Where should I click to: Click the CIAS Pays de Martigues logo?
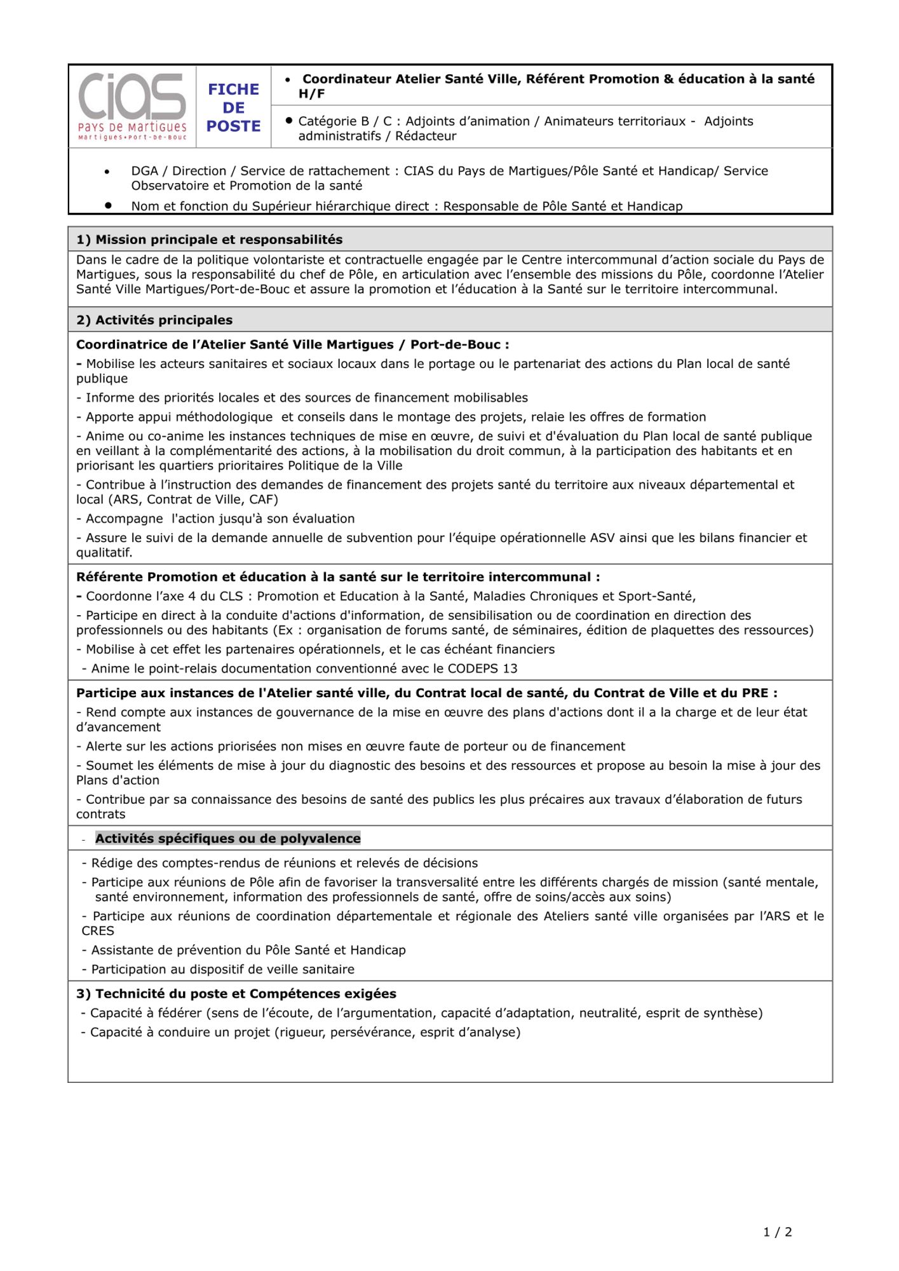[x=132, y=106]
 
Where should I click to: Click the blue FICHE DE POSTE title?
[x=233, y=107]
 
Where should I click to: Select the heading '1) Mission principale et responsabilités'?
[x=209, y=240]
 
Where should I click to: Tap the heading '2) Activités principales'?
[x=154, y=320]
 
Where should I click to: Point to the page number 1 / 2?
[x=778, y=1232]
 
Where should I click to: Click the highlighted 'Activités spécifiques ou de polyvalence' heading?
[x=227, y=839]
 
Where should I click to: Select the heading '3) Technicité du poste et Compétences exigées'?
[x=236, y=994]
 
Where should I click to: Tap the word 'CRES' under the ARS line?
[x=98, y=931]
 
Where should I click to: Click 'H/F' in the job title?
[x=311, y=94]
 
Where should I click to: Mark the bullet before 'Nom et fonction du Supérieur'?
[x=109, y=206]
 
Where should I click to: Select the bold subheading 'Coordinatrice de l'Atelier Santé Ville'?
[x=292, y=345]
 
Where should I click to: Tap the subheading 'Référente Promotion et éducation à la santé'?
[x=338, y=577]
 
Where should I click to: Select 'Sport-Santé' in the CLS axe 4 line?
[x=658, y=596]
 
